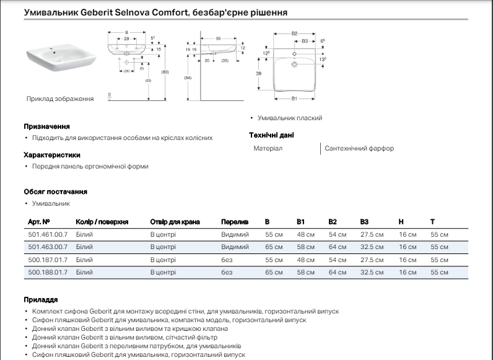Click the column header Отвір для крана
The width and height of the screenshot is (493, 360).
[175, 221]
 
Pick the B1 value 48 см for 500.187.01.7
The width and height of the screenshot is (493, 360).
[306, 260]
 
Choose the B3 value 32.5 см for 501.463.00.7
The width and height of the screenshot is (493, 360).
[372, 247]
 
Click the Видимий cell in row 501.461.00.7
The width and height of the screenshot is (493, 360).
[235, 235]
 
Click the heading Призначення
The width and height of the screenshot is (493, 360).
[46, 126]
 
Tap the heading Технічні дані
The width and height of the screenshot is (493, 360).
[271, 135]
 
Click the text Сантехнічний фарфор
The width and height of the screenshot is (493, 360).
[359, 149]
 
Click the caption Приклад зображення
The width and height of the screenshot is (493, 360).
[60, 99]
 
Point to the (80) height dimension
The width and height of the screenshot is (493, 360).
[165, 72]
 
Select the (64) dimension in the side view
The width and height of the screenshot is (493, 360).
[188, 77]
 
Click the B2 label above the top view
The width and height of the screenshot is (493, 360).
[295, 33]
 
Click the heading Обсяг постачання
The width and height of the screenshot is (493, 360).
[55, 192]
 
